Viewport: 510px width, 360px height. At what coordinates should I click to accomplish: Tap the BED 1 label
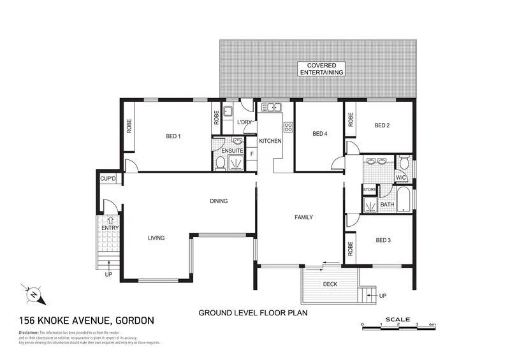pyautogui.click(x=173, y=136)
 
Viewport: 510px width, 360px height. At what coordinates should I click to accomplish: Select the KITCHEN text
pyautogui.click(x=270, y=140)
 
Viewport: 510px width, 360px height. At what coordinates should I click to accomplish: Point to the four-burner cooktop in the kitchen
pyautogui.click(x=288, y=127)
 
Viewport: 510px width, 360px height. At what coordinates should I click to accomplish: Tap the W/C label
pyautogui.click(x=401, y=177)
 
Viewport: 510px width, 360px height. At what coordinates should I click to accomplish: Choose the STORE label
pyautogui.click(x=370, y=189)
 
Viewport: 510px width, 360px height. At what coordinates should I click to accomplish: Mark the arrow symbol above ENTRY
pyautogui.click(x=110, y=220)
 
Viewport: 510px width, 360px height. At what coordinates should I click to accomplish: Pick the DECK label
pyautogui.click(x=330, y=284)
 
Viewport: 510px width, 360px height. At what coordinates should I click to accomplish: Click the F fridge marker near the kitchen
pyautogui.click(x=252, y=154)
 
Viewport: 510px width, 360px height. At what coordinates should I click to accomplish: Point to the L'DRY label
pyautogui.click(x=245, y=122)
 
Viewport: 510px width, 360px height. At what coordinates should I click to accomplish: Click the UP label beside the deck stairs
pyautogui.click(x=382, y=296)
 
